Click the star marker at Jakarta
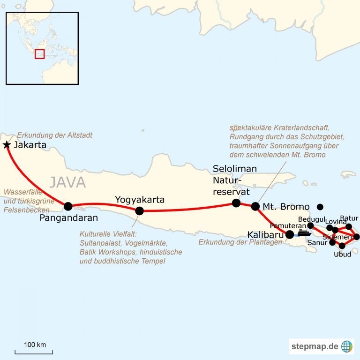[x=7, y=145]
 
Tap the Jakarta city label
[x=30, y=145]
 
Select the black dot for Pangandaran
[x=68, y=206]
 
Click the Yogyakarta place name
[x=140, y=200]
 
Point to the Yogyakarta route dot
[x=139, y=211]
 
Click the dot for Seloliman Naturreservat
[x=236, y=203]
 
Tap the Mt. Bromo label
[x=286, y=207]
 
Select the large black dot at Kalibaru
[x=290, y=234]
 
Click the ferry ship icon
[x=304, y=232]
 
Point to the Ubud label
[x=342, y=255]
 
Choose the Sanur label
[x=318, y=243]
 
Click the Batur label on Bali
[x=349, y=218]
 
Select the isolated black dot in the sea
[x=320, y=207]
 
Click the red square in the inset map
[x=40, y=54]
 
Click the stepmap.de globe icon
[x=347, y=346]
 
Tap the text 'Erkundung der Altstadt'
[x=55, y=135]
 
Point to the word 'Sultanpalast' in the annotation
[x=100, y=243]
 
